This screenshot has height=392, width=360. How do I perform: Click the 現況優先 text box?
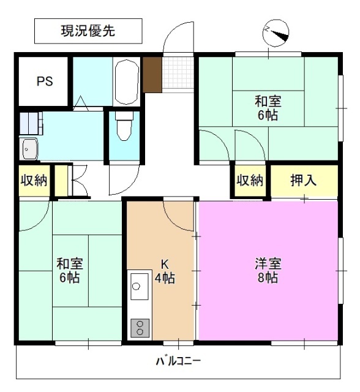pyautogui.click(x=88, y=31)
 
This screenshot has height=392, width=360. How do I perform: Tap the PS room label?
pyautogui.click(x=43, y=81)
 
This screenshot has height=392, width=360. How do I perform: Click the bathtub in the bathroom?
pyautogui.click(x=127, y=81)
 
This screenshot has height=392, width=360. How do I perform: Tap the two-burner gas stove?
pyautogui.click(x=140, y=328)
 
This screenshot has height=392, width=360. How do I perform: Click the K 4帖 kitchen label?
pyautogui.click(x=165, y=271)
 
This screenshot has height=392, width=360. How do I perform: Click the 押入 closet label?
pyautogui.click(x=303, y=181)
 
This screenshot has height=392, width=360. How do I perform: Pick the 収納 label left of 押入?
pyautogui.click(x=250, y=181)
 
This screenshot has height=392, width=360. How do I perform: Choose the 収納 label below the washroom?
pyautogui.click(x=34, y=181)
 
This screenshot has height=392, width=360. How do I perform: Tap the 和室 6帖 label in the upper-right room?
pyautogui.click(x=268, y=108)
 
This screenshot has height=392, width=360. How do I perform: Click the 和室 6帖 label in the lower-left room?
pyautogui.click(x=70, y=271)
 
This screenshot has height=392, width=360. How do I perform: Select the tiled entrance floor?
pyautogui.click(x=178, y=74)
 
